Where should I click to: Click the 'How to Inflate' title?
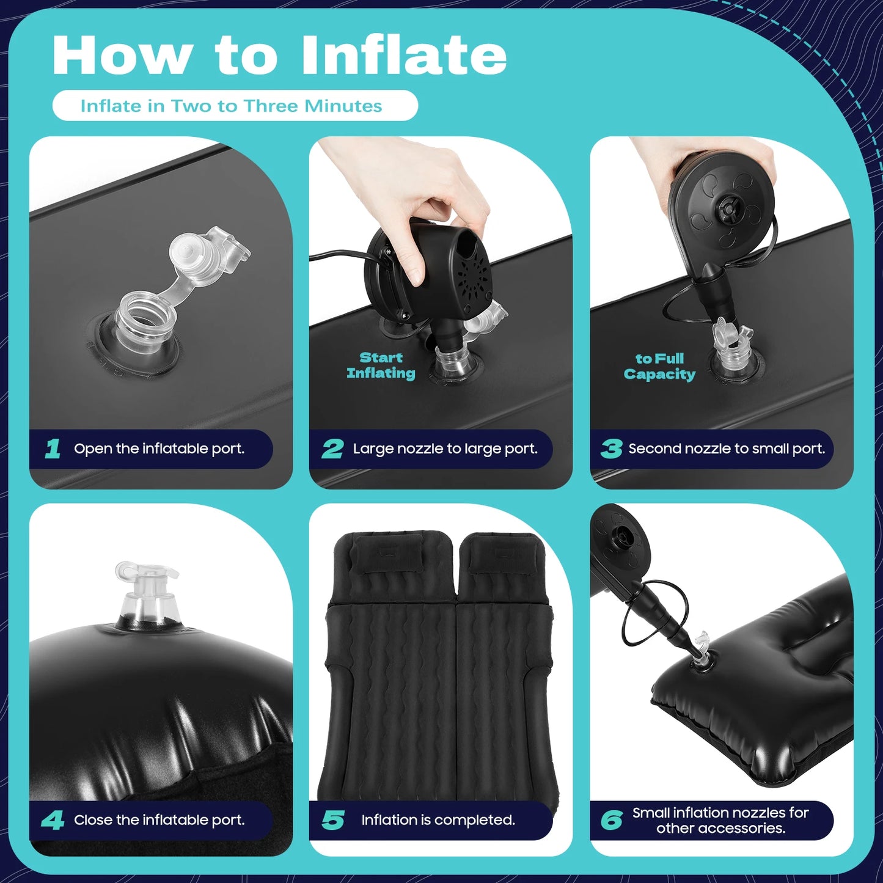(x=279, y=56)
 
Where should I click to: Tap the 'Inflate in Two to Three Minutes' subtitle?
(x=231, y=106)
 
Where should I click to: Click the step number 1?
(x=53, y=449)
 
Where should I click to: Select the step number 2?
(x=332, y=449)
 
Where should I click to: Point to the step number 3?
(x=611, y=449)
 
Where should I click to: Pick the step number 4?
(x=53, y=820)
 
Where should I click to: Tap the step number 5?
(x=333, y=820)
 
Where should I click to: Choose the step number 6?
(x=612, y=820)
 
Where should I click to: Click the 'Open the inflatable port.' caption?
(x=159, y=449)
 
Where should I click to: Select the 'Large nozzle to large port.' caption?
(x=445, y=449)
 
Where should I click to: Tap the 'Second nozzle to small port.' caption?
(x=727, y=449)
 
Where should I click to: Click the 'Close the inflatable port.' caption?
(x=159, y=820)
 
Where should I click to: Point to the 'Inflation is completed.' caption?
(x=438, y=820)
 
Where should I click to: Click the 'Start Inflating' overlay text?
(x=381, y=365)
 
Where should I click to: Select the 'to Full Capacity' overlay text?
(x=659, y=366)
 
